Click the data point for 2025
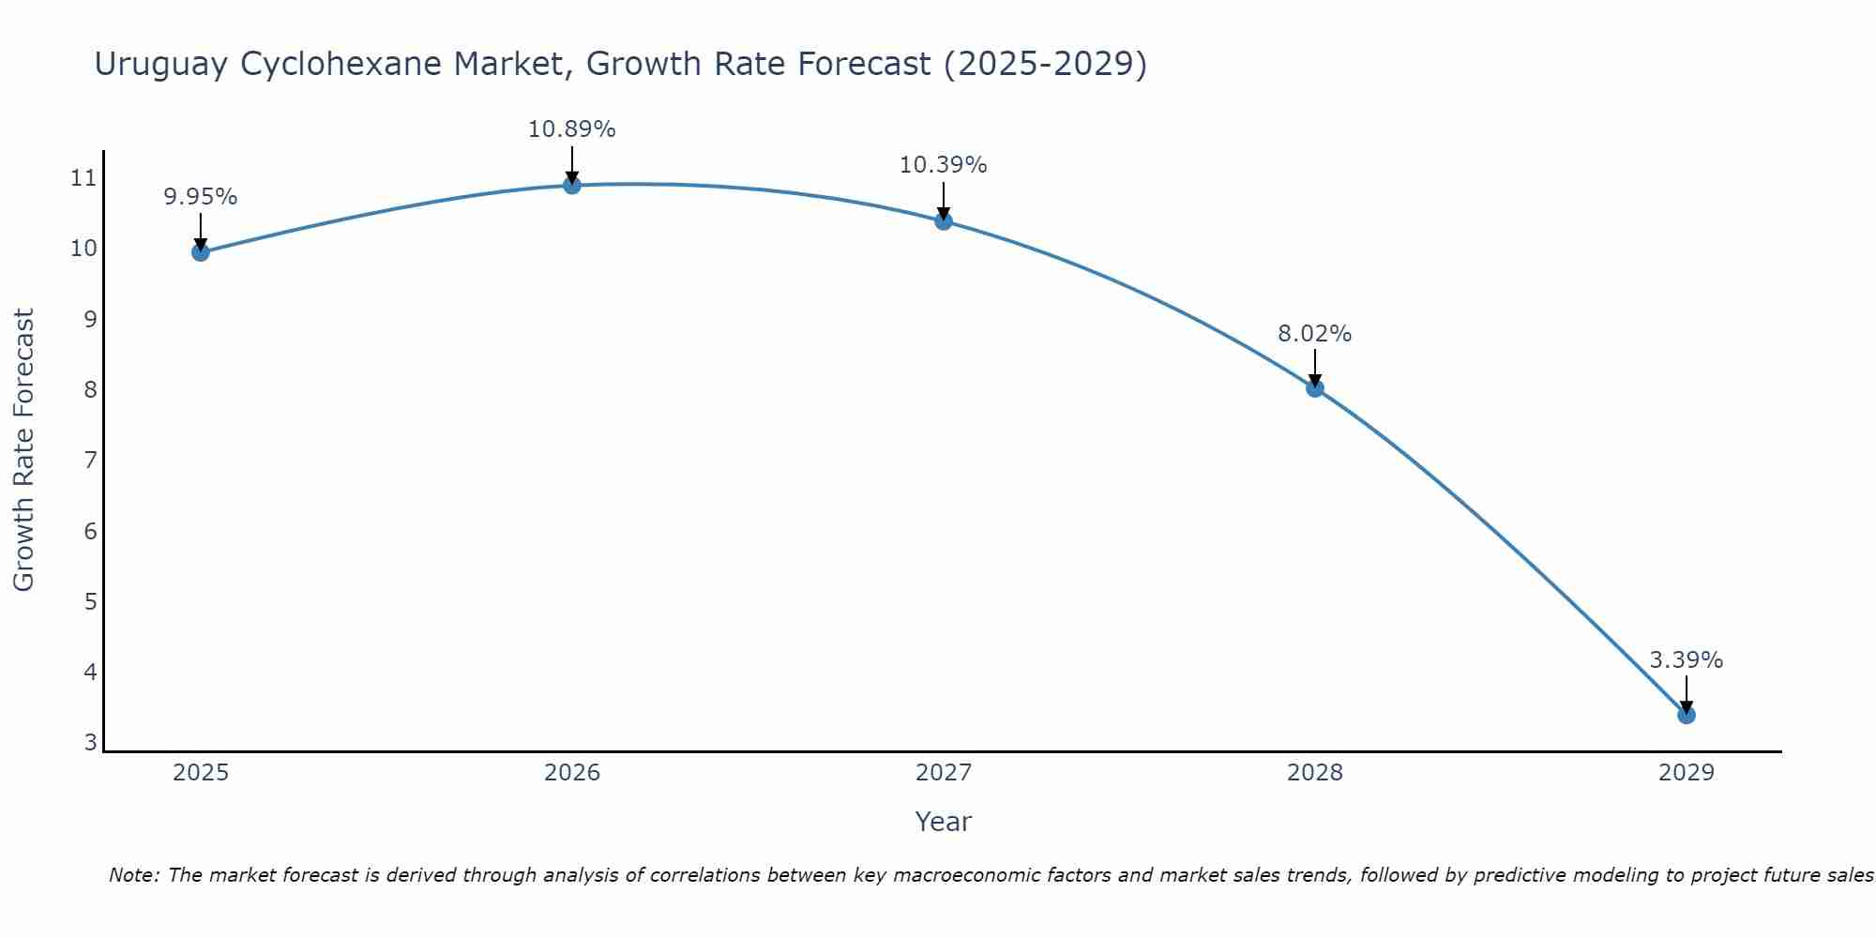(x=200, y=251)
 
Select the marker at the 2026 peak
(x=571, y=185)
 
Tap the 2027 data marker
(x=943, y=220)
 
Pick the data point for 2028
(x=1314, y=387)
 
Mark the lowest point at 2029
(x=1686, y=715)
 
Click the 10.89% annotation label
(x=571, y=129)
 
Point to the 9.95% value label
(x=200, y=197)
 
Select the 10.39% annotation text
(x=943, y=165)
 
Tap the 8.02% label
(x=1314, y=334)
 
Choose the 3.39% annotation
(x=1686, y=660)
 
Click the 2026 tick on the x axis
(x=571, y=773)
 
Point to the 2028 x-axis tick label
(x=1314, y=773)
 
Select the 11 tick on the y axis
(x=83, y=177)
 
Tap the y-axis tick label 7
(x=90, y=460)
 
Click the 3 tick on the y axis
(x=90, y=742)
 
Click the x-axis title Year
(x=943, y=822)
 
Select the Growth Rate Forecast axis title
(x=23, y=450)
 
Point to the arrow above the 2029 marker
(x=1686, y=694)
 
